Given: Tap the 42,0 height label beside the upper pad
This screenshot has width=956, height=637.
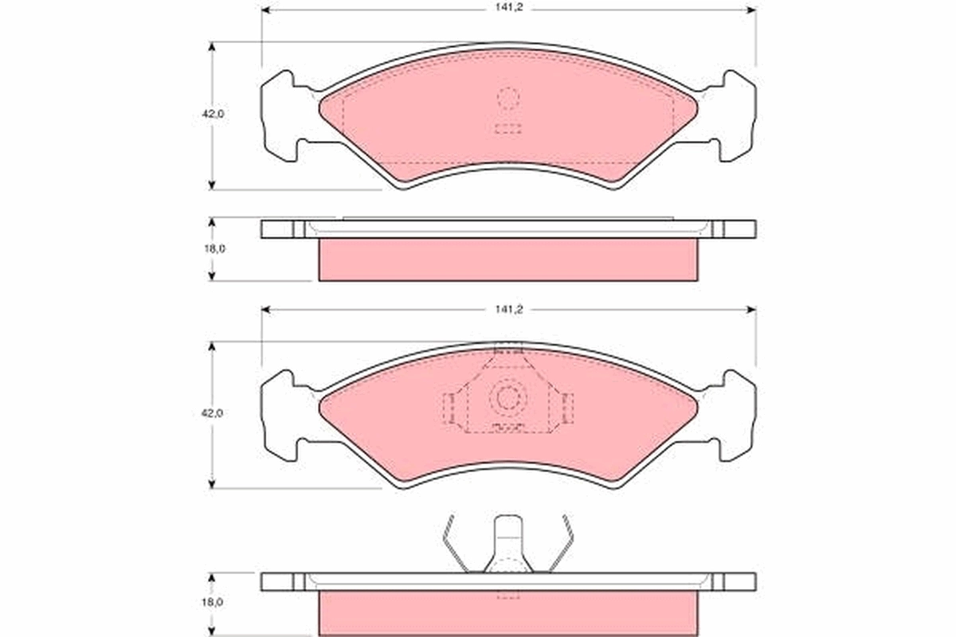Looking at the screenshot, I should point(213,114).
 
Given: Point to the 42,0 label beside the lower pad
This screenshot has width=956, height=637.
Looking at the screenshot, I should point(213,413).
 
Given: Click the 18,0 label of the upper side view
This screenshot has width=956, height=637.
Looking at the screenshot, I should point(213,248).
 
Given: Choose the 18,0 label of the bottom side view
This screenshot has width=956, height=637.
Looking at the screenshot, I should point(213,603).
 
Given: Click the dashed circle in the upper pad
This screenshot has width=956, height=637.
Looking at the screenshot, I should point(507,98).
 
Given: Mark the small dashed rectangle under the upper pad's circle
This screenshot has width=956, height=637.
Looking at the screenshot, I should point(507,128).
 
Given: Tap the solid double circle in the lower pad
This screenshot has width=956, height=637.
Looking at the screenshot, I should point(507,397).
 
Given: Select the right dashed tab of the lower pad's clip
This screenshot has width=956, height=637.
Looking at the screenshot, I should point(567,408).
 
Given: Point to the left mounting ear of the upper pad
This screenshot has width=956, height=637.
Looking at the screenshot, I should point(280,115).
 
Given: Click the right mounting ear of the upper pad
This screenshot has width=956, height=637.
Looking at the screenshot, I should point(737,115).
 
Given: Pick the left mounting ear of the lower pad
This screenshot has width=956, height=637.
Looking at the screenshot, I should point(280,416).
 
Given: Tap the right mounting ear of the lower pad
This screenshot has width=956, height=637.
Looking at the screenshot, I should point(737,416).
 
